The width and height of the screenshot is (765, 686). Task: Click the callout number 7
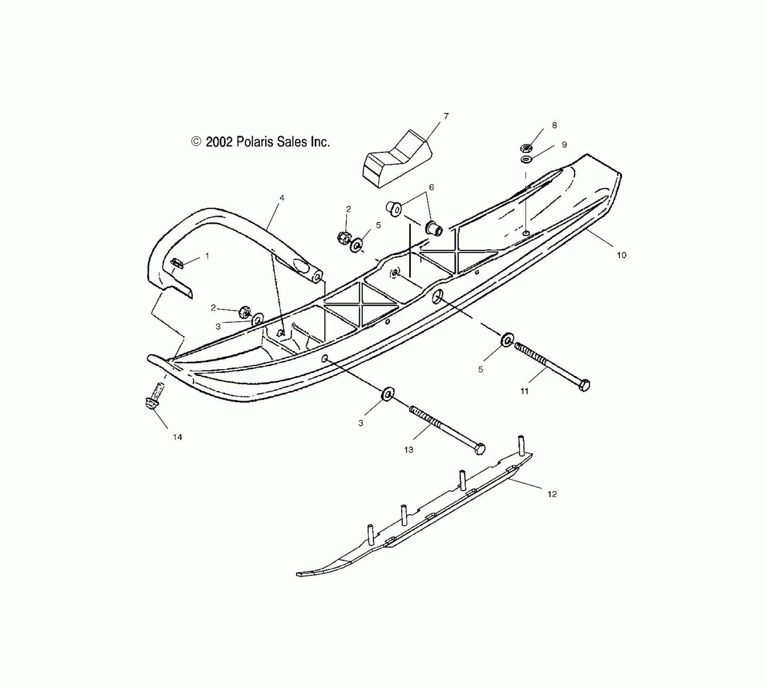pyautogui.click(x=446, y=116)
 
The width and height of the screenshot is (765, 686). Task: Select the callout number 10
pyautogui.click(x=621, y=255)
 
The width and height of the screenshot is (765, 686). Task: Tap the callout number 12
pyautogui.click(x=552, y=494)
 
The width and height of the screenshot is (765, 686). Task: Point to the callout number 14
pyautogui.click(x=177, y=437)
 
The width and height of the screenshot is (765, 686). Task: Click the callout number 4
pyautogui.click(x=282, y=198)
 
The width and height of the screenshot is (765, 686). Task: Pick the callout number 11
pyautogui.click(x=524, y=391)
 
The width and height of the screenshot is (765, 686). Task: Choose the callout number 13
pyautogui.click(x=408, y=450)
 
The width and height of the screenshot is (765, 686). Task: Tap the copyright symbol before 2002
pyautogui.click(x=196, y=141)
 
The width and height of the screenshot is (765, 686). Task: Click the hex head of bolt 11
pyautogui.click(x=584, y=385)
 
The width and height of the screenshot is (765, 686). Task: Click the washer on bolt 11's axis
pyautogui.click(x=507, y=339)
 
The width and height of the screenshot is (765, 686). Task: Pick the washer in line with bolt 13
pyautogui.click(x=388, y=393)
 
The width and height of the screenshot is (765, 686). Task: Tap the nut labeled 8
pyautogui.click(x=526, y=148)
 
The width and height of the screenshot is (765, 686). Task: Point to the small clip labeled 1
pyautogui.click(x=177, y=263)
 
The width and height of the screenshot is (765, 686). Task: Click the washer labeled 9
pyautogui.click(x=526, y=160)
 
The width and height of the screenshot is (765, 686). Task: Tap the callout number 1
pyautogui.click(x=207, y=256)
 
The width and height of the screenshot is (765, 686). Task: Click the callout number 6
pyautogui.click(x=431, y=187)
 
